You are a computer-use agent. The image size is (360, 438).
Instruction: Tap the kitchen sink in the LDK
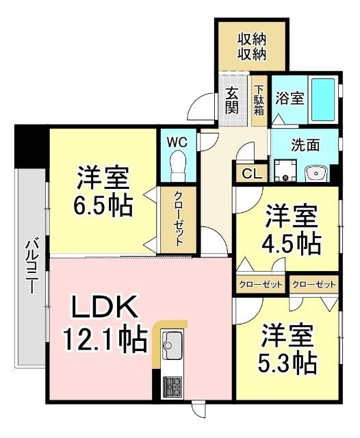pos(172,344)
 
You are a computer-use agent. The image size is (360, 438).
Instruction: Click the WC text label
pos(178,142)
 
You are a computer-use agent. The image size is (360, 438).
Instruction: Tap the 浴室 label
pos(290,99)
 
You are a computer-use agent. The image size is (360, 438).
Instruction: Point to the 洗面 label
pos(305,145)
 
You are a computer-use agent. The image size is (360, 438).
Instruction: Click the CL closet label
pos(251,174)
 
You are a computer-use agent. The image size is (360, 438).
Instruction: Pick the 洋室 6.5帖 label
pos(103,192)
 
